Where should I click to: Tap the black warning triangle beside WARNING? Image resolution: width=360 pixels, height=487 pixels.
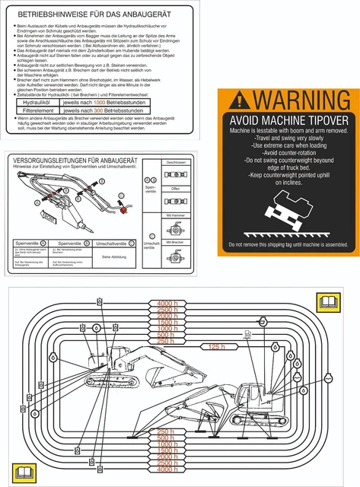coord(239,100)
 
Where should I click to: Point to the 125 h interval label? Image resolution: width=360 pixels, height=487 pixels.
coord(217,347)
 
